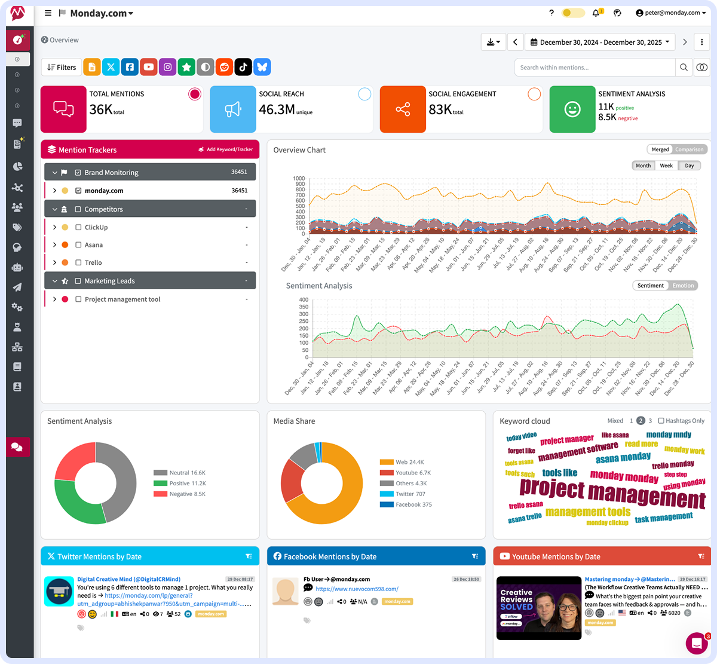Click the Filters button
tap(62, 68)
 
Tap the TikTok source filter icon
tap(243, 67)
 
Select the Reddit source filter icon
tap(224, 67)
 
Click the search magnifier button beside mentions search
tap(684, 68)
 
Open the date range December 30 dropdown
tap(600, 42)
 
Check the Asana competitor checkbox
tap(78, 245)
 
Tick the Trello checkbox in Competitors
tap(78, 262)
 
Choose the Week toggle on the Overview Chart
tap(666, 166)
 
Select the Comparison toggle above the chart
tap(690, 149)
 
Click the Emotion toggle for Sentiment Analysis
tap(683, 286)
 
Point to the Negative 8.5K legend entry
tap(179, 494)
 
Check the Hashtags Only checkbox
tap(661, 421)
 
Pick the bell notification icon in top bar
tap(596, 13)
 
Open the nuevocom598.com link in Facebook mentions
tap(357, 589)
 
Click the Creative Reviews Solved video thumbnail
tap(539, 608)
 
